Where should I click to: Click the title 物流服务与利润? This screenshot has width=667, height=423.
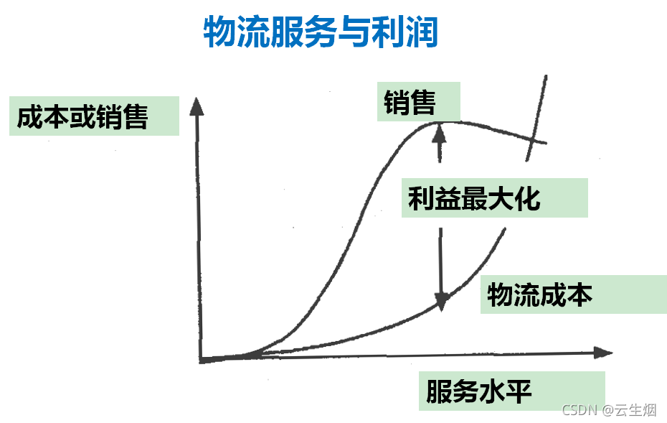(321, 32)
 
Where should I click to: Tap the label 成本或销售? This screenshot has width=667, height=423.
(82, 116)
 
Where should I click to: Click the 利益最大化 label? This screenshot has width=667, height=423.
(474, 198)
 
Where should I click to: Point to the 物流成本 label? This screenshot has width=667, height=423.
(540, 294)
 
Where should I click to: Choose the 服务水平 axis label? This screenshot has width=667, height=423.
(479, 391)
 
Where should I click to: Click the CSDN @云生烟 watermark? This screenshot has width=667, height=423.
(609, 409)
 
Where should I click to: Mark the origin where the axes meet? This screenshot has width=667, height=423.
(202, 358)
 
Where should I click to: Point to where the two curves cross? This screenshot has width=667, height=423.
(531, 138)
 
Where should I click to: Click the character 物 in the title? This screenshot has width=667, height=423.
(220, 32)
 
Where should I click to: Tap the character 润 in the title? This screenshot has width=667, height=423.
(421, 32)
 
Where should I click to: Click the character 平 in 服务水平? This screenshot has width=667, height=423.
(519, 391)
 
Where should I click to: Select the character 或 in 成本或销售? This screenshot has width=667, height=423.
(82, 116)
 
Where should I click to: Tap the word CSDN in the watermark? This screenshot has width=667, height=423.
(580, 409)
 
